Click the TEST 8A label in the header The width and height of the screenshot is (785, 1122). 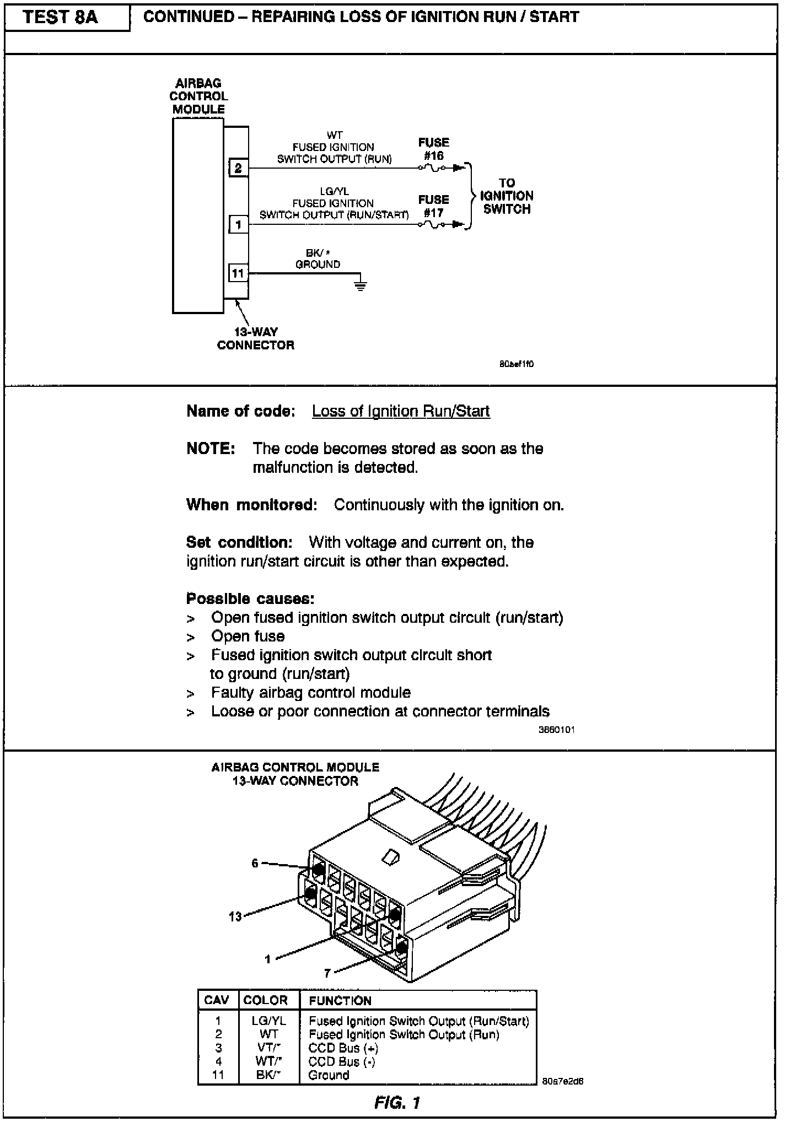(x=61, y=18)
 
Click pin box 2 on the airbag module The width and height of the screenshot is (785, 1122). (x=238, y=168)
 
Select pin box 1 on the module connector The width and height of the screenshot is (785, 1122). (x=238, y=224)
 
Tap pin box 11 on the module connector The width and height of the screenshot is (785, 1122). (x=238, y=273)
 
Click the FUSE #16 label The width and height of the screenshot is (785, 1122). (x=433, y=149)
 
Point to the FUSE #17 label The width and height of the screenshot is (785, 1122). (x=433, y=206)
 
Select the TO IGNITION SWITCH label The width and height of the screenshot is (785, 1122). (x=507, y=196)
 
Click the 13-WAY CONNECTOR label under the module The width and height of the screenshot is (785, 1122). (x=255, y=338)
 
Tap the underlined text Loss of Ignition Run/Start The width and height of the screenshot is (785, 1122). (x=401, y=411)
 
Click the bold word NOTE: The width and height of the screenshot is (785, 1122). (x=211, y=449)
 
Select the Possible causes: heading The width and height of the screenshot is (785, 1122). (x=250, y=598)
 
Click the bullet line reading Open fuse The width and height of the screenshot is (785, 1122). (x=248, y=636)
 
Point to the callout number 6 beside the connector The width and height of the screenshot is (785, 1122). (x=255, y=863)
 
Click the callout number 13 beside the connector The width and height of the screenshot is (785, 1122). (x=235, y=916)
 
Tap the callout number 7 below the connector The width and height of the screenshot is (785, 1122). (x=327, y=973)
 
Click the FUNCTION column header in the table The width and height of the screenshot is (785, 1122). (x=340, y=1000)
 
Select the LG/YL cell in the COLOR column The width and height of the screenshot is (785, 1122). (x=268, y=1021)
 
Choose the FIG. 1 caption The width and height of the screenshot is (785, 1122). (x=397, y=1102)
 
